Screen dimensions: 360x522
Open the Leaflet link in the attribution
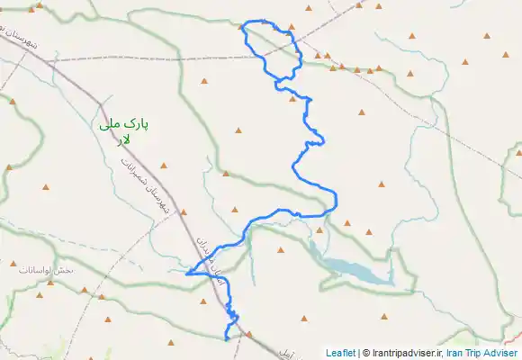click(x=340, y=353)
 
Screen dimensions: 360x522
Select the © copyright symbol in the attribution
click(x=365, y=353)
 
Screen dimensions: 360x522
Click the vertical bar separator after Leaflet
click(x=358, y=353)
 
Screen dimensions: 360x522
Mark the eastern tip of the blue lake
click(x=394, y=283)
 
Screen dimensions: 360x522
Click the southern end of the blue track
click(x=225, y=339)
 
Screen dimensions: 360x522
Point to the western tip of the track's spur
click(x=185, y=273)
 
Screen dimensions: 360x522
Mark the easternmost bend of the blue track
click(x=337, y=199)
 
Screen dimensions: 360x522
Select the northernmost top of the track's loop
click(x=261, y=21)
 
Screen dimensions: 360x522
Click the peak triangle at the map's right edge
click(x=517, y=151)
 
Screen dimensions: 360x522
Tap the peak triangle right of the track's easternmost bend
click(x=382, y=185)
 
